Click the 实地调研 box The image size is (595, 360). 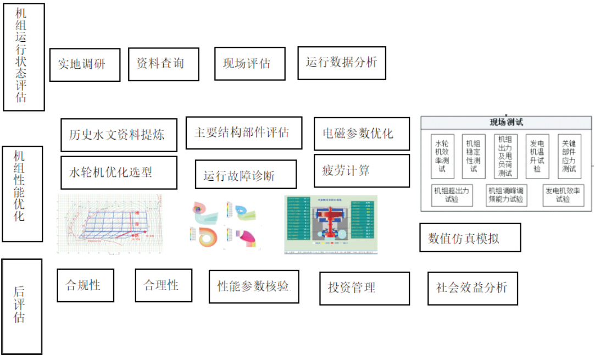pos(85,64)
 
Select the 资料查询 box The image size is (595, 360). pos(163,64)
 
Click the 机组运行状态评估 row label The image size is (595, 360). pos(23,57)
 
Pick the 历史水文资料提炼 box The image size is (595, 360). pos(119,135)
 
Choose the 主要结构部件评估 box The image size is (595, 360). pos(243,132)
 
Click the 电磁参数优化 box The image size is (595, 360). pos(361,133)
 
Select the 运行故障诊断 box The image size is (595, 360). pos(246,175)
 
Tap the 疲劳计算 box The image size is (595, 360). pos(361,170)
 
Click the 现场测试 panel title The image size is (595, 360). pos(506,123)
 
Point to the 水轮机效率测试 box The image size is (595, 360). pos(442,156)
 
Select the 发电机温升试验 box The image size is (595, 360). pos(537,156)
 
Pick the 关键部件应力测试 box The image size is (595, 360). pos(569,156)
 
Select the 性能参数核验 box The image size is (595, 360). pos(254,286)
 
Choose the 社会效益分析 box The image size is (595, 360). pos(472,287)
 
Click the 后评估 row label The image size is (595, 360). pos(21,306)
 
